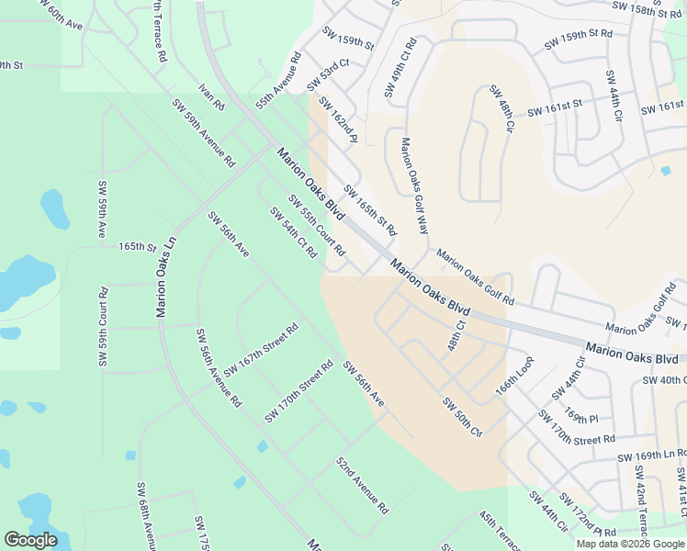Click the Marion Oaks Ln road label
(x=166, y=276)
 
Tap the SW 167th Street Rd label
(x=262, y=348)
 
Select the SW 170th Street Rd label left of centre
(x=298, y=391)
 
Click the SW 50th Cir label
(x=462, y=417)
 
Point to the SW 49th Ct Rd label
(x=400, y=68)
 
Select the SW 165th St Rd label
(x=369, y=208)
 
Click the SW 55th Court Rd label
(x=316, y=225)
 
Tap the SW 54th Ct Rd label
(x=293, y=232)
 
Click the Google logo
(x=30, y=540)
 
